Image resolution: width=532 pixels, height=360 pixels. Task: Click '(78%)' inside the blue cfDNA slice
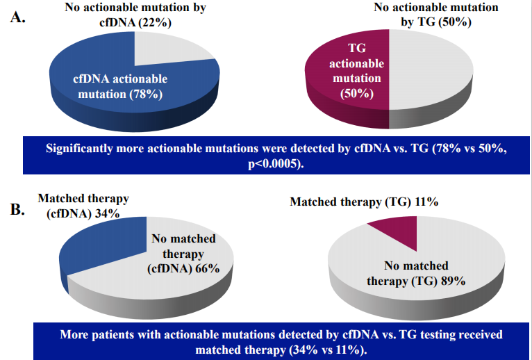click(x=145, y=93)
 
